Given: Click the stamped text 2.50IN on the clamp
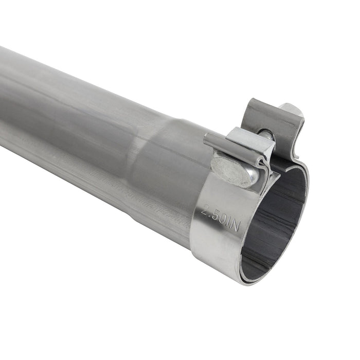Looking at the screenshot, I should tap(220, 217).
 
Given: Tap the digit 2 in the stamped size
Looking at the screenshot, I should tap(206, 210).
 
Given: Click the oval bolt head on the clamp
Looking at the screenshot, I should tap(234, 171).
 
